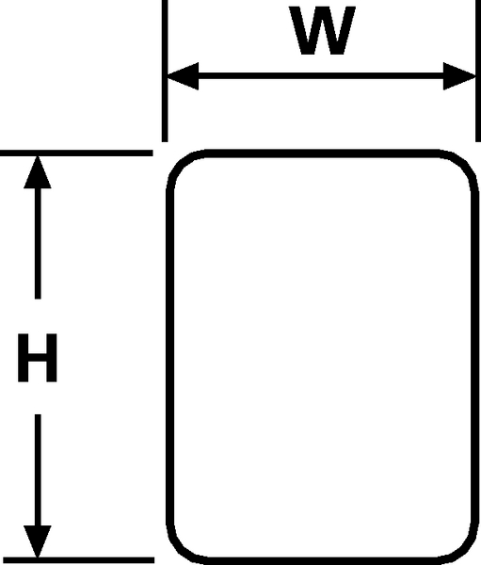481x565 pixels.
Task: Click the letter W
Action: (323, 31)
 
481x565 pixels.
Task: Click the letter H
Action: (38, 358)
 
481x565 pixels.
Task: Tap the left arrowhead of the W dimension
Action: (183, 76)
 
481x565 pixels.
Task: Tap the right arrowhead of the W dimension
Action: (459, 76)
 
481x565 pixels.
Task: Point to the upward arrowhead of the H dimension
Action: (38, 172)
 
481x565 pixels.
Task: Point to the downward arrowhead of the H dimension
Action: (38, 541)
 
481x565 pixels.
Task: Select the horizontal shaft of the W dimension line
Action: (321, 76)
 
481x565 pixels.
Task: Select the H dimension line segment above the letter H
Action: (38, 244)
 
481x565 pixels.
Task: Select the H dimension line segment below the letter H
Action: (38, 470)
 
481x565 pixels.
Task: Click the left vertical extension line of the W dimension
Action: (165, 71)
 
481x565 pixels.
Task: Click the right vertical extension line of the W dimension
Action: (478, 71)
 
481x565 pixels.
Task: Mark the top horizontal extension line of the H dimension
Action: (76, 153)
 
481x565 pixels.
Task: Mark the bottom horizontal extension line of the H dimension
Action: (77, 560)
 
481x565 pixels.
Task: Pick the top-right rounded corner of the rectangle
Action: (464, 164)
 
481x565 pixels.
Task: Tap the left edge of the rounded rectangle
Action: (170, 357)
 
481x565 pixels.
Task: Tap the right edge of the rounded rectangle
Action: (474, 357)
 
